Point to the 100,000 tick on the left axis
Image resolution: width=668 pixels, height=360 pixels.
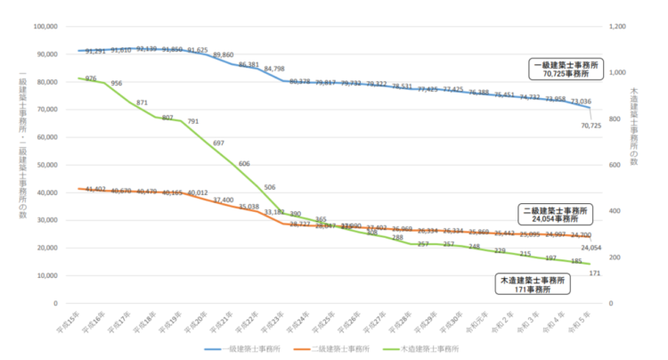point(45,26)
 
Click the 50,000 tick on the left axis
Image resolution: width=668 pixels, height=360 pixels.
point(46,165)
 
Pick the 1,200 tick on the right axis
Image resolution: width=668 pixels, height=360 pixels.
point(618,26)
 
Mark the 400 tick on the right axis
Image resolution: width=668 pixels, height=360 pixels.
point(615,211)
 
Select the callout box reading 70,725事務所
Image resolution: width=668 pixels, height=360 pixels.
point(566,70)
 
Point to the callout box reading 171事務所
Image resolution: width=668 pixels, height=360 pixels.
point(533,283)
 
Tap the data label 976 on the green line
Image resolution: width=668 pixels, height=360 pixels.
point(91,78)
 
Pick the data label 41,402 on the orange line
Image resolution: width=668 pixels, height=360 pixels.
point(92,189)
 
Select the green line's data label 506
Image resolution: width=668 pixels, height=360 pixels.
point(269,188)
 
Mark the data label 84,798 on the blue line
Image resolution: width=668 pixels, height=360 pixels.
point(274,69)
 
